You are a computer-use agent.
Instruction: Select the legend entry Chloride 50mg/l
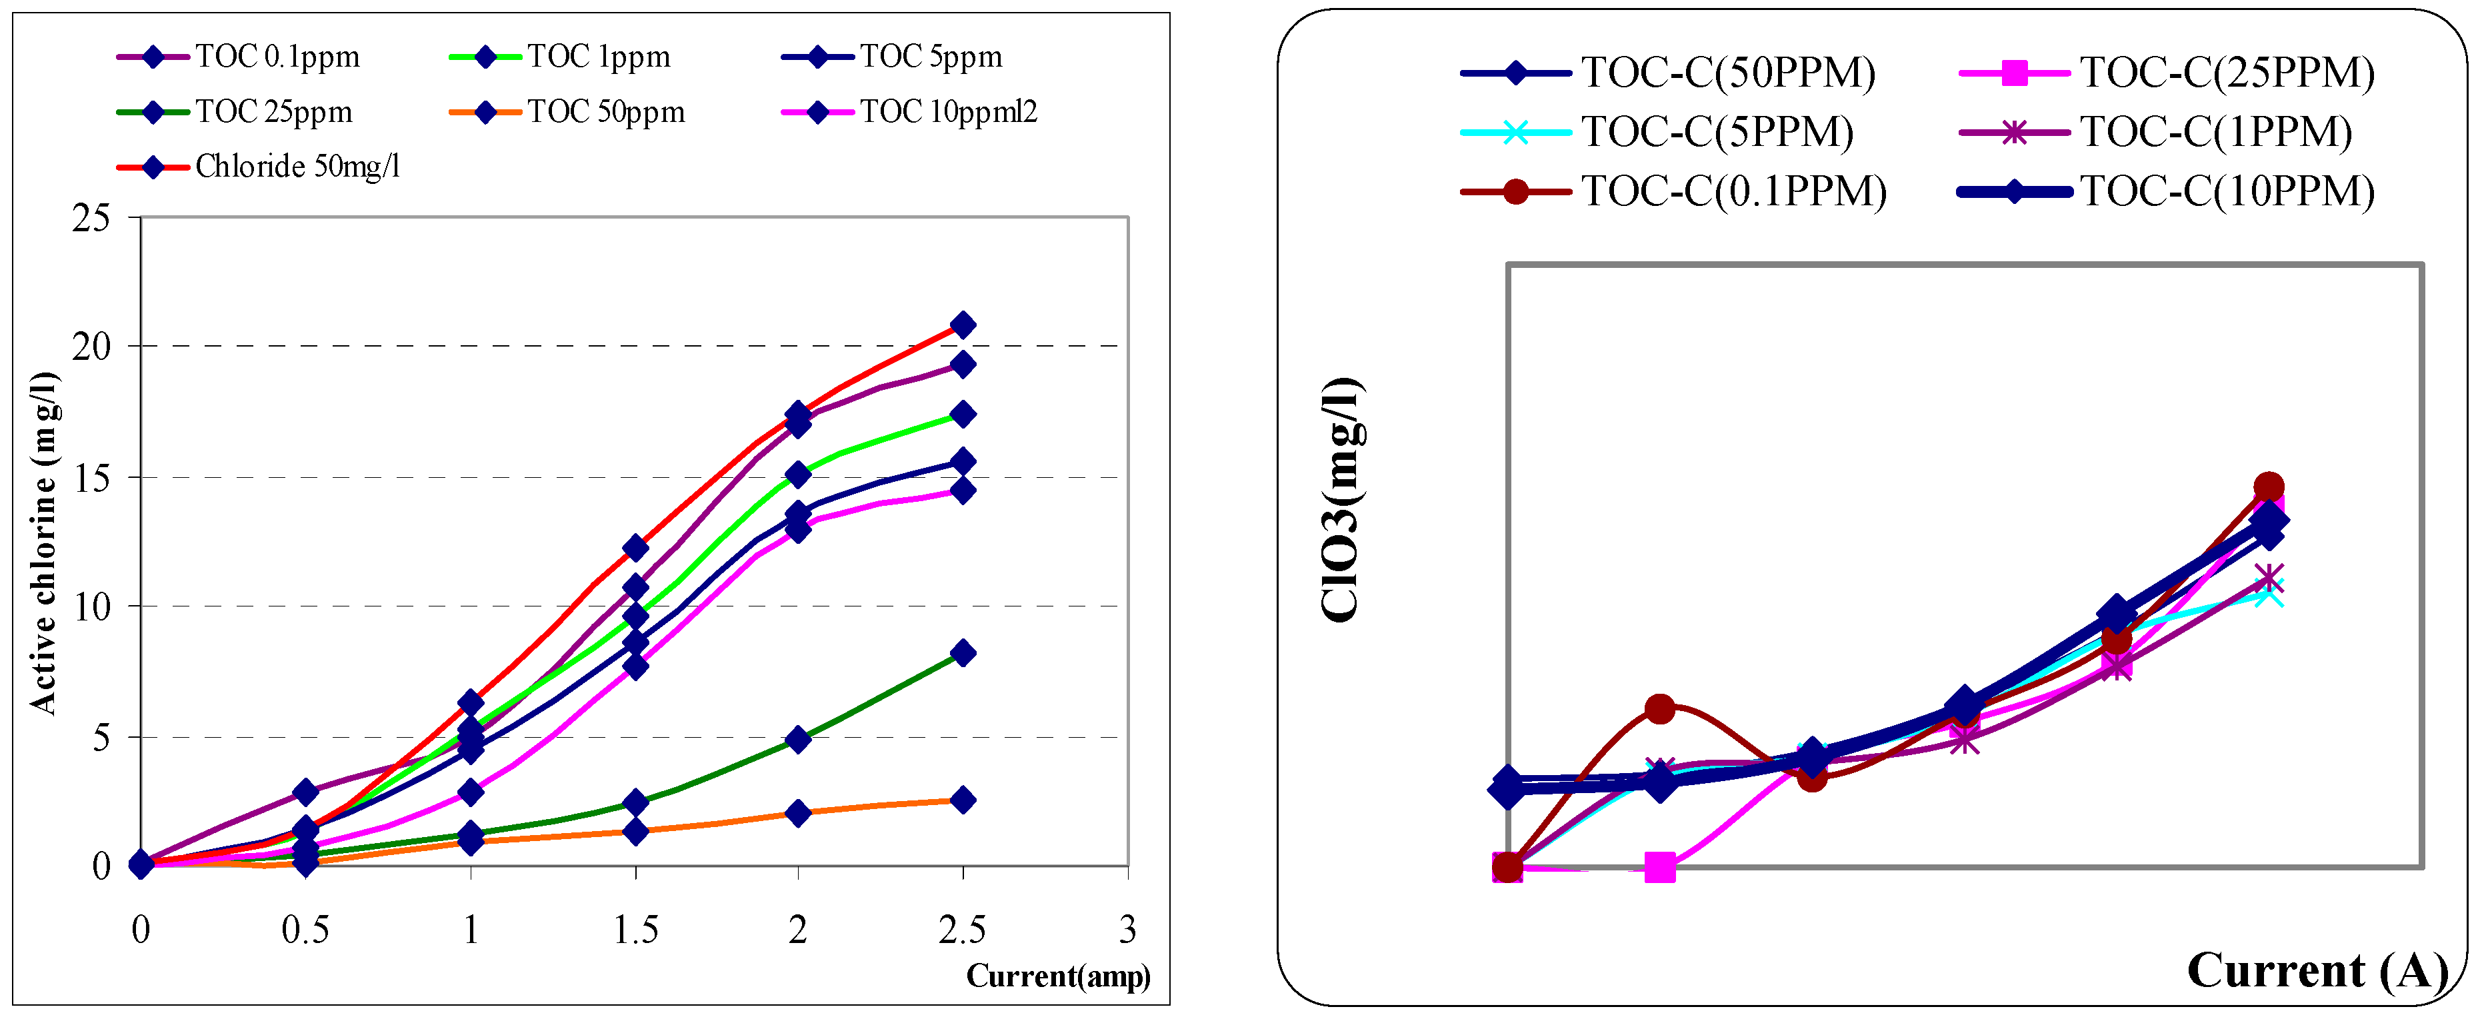pyautogui.click(x=297, y=167)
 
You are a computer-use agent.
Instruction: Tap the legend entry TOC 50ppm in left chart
pyautogui.click(x=605, y=112)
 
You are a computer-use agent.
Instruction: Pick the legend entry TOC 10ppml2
pyautogui.click(x=947, y=112)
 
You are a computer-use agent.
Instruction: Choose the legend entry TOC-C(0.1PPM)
pyautogui.click(x=1733, y=191)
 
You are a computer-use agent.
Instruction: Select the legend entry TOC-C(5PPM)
pyautogui.click(x=1716, y=132)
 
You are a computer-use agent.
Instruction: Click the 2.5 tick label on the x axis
pyautogui.click(x=961, y=930)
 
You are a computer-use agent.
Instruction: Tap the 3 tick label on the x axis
pyautogui.click(x=1127, y=930)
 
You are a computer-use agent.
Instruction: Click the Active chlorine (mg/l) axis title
pyautogui.click(x=44, y=542)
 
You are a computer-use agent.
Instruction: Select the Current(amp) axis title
pyautogui.click(x=1058, y=976)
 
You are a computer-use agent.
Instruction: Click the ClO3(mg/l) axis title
pyautogui.click(x=1341, y=501)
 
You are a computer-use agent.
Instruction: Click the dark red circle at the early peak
pyautogui.click(x=1659, y=710)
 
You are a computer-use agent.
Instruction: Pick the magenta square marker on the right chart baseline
pyautogui.click(x=1659, y=868)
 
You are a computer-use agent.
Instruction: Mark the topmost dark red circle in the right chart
pyautogui.click(x=2269, y=487)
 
